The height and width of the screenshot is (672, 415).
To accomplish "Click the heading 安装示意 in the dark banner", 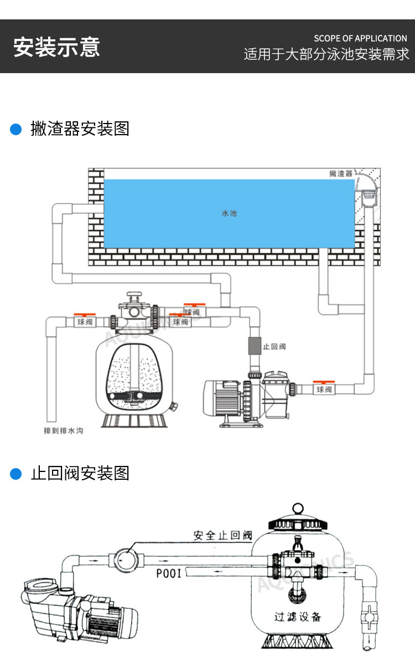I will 56,47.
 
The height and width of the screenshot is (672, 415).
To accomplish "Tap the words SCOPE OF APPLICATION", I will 360,38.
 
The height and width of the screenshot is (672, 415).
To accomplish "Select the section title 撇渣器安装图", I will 80,129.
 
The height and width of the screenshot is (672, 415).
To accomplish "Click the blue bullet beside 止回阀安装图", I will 16,474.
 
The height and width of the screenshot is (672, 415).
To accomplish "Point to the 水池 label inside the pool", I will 229,213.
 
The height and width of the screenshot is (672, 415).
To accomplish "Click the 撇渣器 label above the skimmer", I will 341,173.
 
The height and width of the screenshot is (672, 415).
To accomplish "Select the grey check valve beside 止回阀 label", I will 254,346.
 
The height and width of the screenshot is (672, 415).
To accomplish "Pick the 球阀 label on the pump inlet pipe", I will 324,390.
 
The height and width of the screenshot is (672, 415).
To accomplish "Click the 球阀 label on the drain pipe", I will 85,321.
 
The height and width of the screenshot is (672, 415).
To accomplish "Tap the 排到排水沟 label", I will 64,430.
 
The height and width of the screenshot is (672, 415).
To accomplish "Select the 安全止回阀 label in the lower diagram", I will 222,536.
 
